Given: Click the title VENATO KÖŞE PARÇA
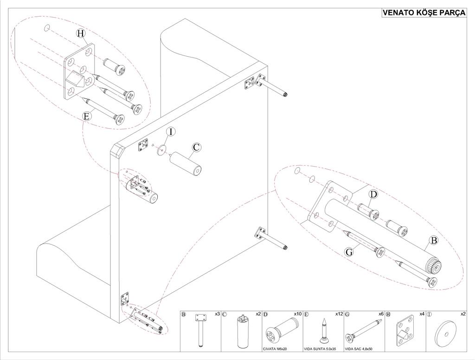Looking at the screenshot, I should tap(424, 13).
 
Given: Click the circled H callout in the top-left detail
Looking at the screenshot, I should tap(81, 33).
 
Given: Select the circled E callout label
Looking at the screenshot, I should tap(86, 116).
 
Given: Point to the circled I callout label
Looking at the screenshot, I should tap(171, 132).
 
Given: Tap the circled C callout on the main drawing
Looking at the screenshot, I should tap(196, 148).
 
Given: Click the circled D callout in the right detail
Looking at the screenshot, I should tap(373, 193).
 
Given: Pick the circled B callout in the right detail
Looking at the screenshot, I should tap(434, 240).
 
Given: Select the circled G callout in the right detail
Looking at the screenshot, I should tap(350, 251).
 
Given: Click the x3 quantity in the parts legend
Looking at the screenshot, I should tap(217, 314).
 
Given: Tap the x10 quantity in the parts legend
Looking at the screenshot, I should tap(297, 314).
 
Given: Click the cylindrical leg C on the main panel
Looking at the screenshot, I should tap(184, 165).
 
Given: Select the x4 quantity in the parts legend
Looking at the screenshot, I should tap(422, 314).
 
